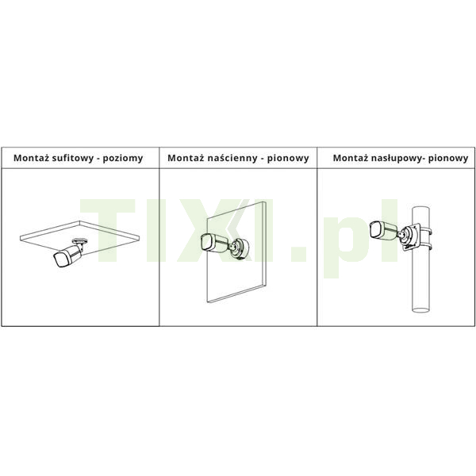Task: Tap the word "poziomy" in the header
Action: pyautogui.click(x=123, y=159)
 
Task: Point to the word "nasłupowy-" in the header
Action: pyautogui.click(x=397, y=159)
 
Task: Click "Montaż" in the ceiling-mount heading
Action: pyautogui.click(x=31, y=158)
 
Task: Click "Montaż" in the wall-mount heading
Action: pyautogui.click(x=186, y=158)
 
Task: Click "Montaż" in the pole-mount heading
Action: pyautogui.click(x=351, y=158)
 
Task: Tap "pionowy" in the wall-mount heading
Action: pyautogui.click(x=288, y=159)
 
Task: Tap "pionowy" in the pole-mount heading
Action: pyautogui.click(x=448, y=159)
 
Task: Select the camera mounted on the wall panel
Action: pyautogui.click(x=216, y=243)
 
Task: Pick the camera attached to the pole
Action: pyautogui.click(x=384, y=231)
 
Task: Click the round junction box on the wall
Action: pyautogui.click(x=240, y=248)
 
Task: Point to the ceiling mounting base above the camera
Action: pyautogui.click(x=80, y=241)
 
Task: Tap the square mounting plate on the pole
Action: pyautogui.click(x=410, y=236)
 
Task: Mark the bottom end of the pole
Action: pyautogui.click(x=420, y=309)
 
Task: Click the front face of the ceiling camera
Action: pyautogui.click(x=59, y=260)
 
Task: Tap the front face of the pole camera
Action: pyautogui.click(x=375, y=229)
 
